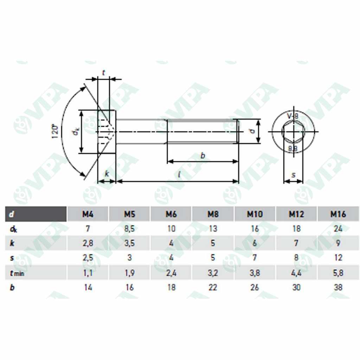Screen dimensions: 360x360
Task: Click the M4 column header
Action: coord(88,214)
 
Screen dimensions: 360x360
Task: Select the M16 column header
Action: coord(338,214)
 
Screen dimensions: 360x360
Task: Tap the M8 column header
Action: coord(213,214)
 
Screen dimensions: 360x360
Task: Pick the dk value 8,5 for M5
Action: coord(129,229)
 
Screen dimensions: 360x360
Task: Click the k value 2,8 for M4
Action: coord(88,243)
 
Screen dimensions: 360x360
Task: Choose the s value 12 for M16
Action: coord(338,258)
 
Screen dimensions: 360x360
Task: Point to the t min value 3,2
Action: coord(213,273)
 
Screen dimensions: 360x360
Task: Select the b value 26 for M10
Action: coord(255,287)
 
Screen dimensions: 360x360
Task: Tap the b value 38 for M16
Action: coord(338,287)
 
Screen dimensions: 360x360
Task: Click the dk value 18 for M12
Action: coord(296,229)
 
